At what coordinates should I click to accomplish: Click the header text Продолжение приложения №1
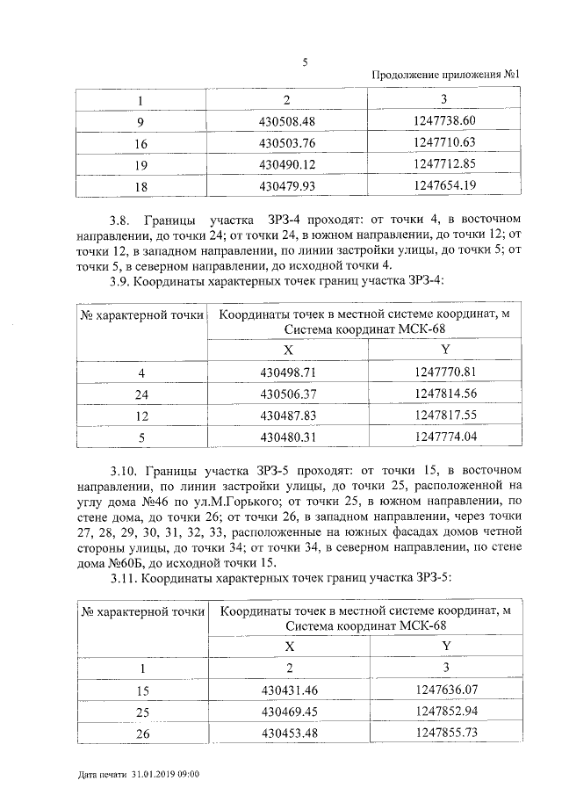448,76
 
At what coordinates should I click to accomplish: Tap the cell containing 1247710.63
443,141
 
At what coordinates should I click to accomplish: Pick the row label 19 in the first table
140,163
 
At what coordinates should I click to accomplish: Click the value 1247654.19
443,185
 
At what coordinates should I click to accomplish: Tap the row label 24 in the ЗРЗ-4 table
140,394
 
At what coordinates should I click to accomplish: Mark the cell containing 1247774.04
443,437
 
